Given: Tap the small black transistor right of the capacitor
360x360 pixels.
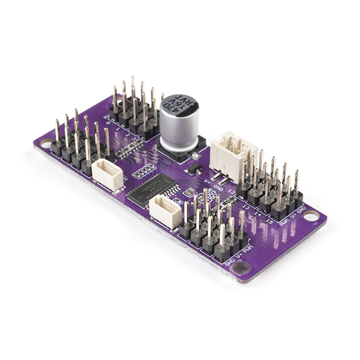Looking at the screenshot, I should (x=193, y=168).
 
